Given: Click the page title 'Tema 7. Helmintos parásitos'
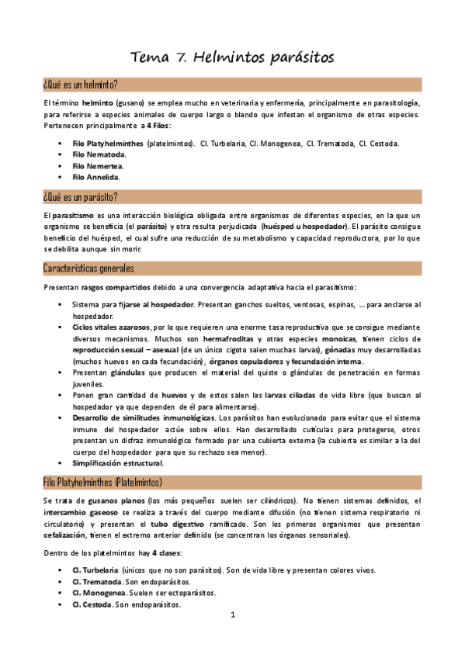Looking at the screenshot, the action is click(x=232, y=57).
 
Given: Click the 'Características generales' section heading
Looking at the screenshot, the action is click(x=89, y=268).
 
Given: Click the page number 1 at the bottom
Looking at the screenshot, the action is click(x=232, y=615).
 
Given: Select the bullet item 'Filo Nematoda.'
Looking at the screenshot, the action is click(x=99, y=154).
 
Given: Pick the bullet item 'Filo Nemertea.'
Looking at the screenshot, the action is click(x=98, y=165).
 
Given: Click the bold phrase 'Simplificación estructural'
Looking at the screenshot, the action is click(x=117, y=463).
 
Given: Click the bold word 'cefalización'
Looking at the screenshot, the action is click(x=65, y=535).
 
